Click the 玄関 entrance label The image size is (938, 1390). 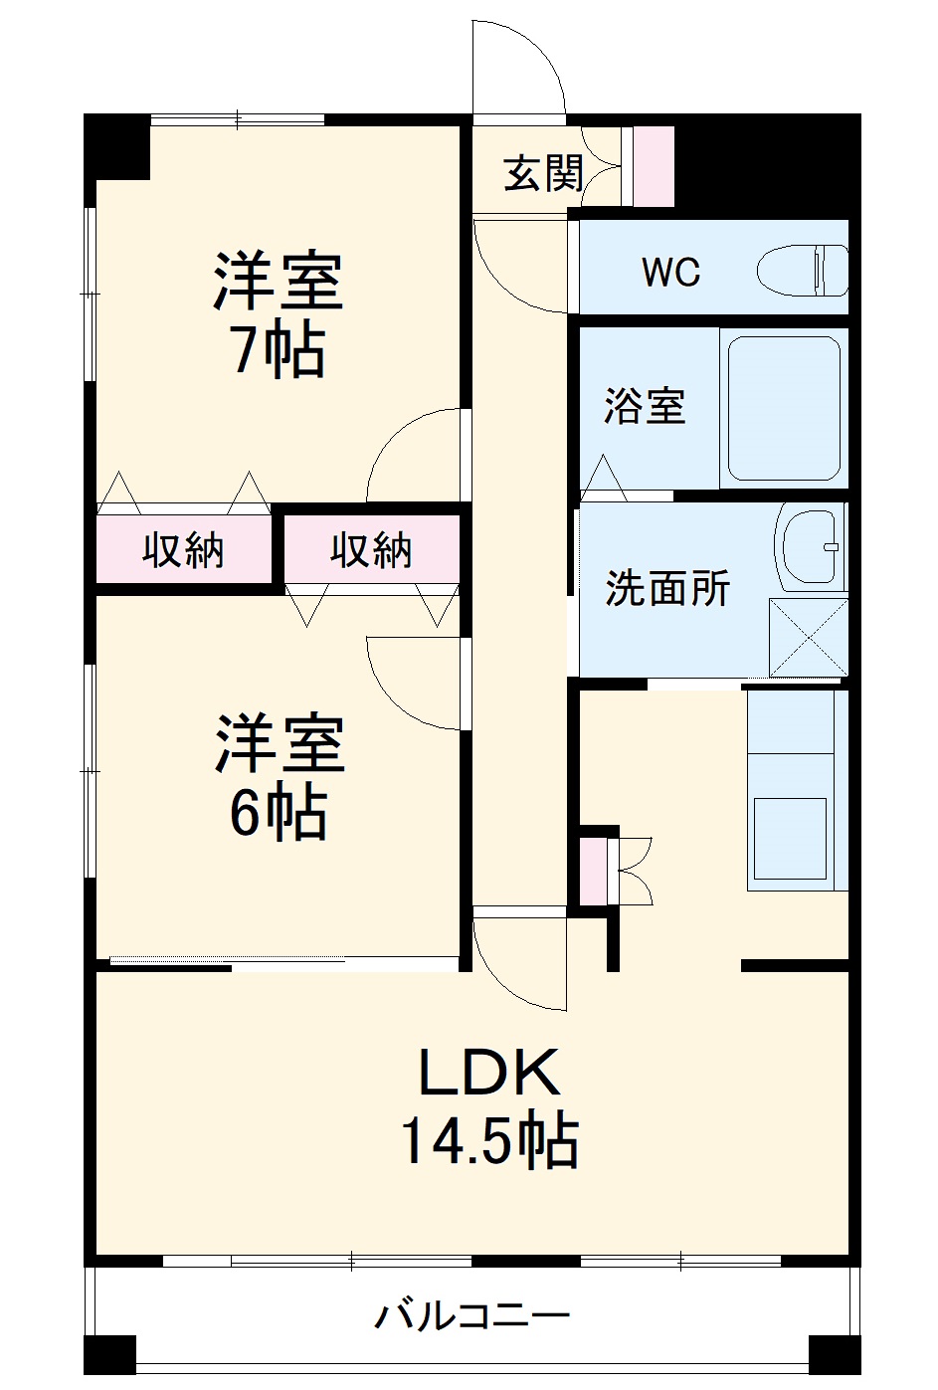click(542, 174)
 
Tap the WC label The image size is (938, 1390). click(670, 271)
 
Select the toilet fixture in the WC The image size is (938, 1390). click(802, 270)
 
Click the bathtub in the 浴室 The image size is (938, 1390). click(784, 407)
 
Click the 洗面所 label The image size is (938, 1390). click(667, 588)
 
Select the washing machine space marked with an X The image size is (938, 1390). click(807, 637)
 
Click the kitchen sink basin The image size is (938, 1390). click(790, 837)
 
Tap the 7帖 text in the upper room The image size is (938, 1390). click(279, 350)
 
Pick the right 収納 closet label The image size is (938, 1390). click(371, 549)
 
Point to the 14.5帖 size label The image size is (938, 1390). click(489, 1140)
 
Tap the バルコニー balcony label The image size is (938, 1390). click(471, 1316)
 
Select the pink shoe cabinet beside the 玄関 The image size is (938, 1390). click(654, 166)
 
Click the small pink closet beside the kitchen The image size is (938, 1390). click(592, 872)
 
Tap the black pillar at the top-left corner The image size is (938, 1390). click(116, 146)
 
